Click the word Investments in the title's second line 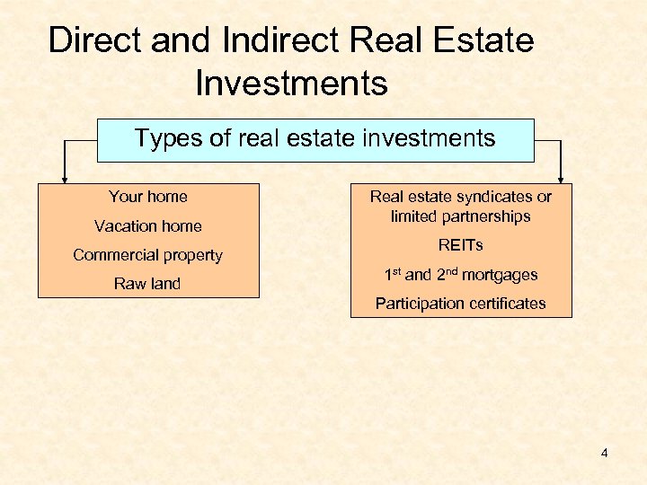pos(291,84)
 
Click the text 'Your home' pos(148,197)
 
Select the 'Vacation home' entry pos(148,226)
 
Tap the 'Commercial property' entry pos(148,255)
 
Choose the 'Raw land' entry pos(148,284)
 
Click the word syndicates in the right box pos(494,197)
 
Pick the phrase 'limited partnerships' pos(461,216)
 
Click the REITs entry pos(461,245)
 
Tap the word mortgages pos(500,275)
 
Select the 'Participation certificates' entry pos(461,304)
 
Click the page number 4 pos(605,453)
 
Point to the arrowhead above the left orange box pos(64,178)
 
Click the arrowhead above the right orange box pos(563,178)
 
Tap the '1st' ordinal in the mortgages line pos(392,274)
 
